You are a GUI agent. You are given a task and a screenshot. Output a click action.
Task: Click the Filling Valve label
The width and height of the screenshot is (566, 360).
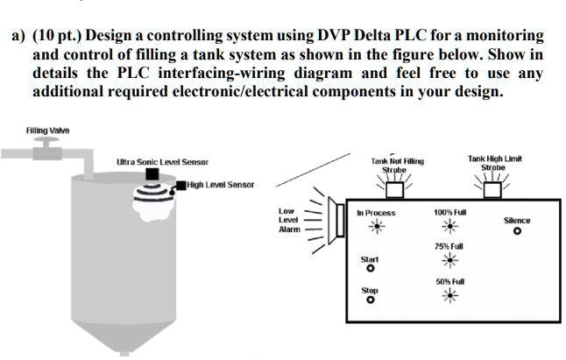(48, 131)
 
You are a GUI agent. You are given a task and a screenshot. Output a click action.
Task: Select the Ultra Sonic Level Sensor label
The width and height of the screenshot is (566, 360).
(163, 161)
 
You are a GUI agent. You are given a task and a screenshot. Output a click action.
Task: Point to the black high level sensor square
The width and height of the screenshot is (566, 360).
(180, 185)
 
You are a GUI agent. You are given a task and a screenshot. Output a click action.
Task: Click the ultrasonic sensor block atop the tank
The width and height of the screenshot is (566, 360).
(152, 174)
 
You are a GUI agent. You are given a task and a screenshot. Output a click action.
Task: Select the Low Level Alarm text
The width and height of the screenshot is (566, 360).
(289, 220)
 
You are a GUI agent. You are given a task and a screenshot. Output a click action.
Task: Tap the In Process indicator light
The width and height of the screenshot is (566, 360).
(376, 227)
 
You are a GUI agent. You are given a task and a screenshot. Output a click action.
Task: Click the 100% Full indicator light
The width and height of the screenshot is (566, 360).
(449, 227)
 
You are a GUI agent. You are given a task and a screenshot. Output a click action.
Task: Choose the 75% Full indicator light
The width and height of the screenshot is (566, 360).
(449, 261)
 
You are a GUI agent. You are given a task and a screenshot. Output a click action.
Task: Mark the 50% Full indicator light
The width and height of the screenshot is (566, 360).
(449, 295)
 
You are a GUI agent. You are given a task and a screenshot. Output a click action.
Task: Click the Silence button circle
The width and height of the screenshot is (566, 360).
(517, 232)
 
